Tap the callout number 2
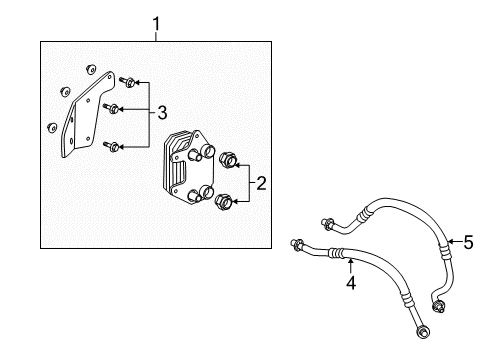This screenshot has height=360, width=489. coord(260,182)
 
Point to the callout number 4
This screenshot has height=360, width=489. coord(351,283)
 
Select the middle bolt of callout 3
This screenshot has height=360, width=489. coord(115,109)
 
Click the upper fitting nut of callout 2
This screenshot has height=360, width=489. coord(227,159)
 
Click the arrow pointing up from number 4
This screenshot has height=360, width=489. coord(351,264)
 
